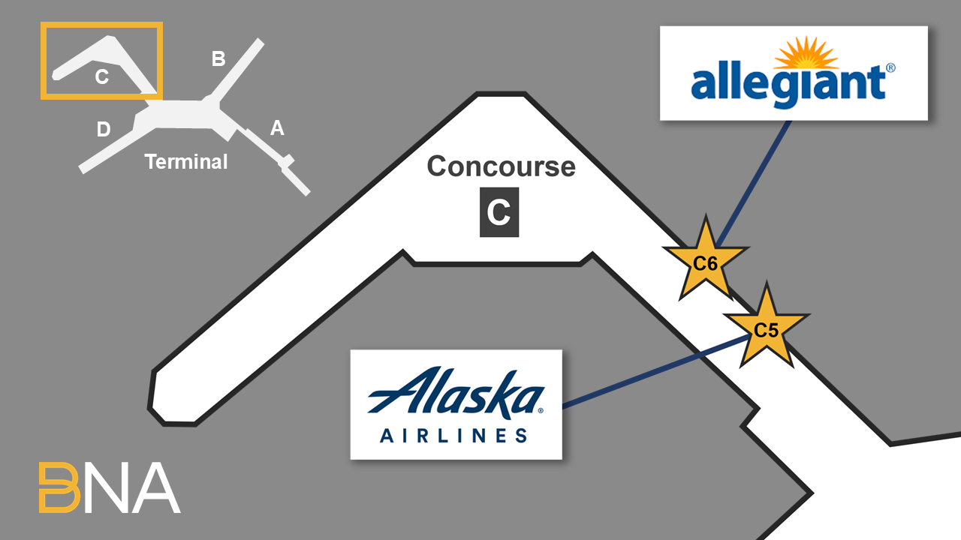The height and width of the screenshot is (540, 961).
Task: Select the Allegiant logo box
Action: coord(794,73)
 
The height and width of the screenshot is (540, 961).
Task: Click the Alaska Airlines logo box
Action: coord(456,404)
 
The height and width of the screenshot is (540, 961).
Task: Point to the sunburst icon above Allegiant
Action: coord(806,55)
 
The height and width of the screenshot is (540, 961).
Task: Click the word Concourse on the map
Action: coord(501,166)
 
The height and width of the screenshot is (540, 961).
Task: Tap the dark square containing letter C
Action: coord(499,212)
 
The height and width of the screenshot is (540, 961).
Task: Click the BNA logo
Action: coord(110,487)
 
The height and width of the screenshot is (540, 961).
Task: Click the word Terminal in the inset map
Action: coord(186,161)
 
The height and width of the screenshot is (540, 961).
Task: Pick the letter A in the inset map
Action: coord(277,129)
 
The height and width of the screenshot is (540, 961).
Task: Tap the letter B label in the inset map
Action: coord(218,59)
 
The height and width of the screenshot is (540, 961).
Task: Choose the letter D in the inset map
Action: coord(104,130)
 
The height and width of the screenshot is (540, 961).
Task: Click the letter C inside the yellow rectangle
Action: coord(102,76)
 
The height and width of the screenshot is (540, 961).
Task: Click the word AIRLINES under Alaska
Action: coord(453,435)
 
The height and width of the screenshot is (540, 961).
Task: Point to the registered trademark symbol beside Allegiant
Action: coord(890,68)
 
